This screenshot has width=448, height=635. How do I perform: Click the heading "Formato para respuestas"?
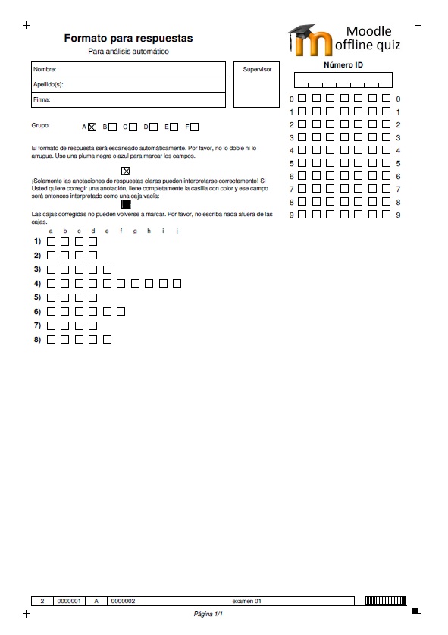tap(128, 38)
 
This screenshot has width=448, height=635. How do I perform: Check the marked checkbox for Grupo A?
tap(92, 127)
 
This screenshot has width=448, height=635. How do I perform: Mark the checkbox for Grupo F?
tap(195, 127)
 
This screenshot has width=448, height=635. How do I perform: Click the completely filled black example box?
tap(126, 204)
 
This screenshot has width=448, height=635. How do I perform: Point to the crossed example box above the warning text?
tap(126, 171)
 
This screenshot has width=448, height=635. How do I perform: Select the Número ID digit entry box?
tap(343, 80)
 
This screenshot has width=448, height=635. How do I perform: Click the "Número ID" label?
tap(343, 65)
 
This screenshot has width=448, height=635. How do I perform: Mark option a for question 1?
tap(52, 241)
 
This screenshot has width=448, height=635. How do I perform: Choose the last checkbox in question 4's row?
tap(177, 283)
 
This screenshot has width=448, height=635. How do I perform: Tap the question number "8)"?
tap(37, 339)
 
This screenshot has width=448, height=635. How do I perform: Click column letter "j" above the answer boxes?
tap(177, 231)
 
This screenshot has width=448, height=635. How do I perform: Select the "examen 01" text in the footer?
tap(247, 601)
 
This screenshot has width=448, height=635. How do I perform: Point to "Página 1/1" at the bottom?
tap(209, 613)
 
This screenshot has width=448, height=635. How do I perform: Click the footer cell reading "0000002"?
tap(123, 601)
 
